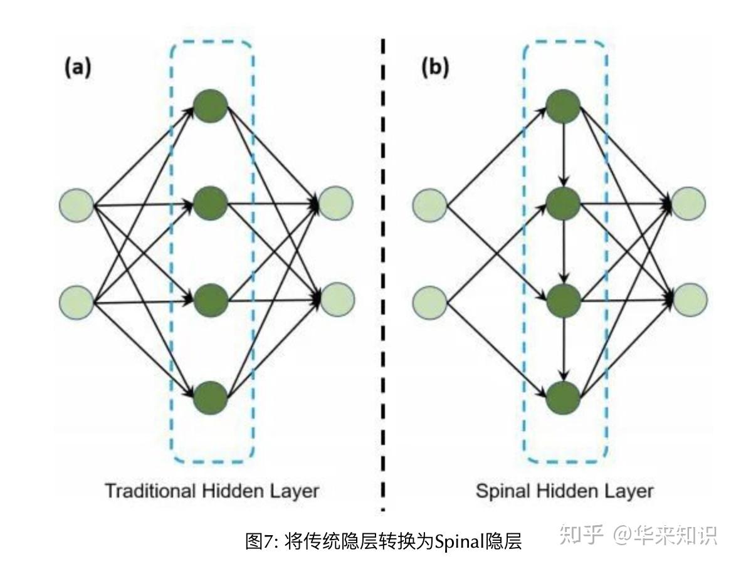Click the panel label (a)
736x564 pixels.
click(x=78, y=68)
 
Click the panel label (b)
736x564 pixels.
click(x=434, y=68)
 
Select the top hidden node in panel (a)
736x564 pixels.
click(x=210, y=107)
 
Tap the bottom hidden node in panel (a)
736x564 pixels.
click(x=210, y=397)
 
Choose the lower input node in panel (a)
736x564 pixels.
click(x=76, y=302)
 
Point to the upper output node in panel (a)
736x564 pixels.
click(x=336, y=203)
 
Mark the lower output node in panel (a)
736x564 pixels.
click(x=337, y=299)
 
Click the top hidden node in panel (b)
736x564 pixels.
click(x=564, y=107)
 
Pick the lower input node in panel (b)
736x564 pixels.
click(x=430, y=302)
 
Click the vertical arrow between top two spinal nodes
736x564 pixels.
click(x=564, y=154)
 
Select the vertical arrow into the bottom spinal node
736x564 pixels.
click(x=564, y=348)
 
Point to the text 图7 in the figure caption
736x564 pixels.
click(x=261, y=540)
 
